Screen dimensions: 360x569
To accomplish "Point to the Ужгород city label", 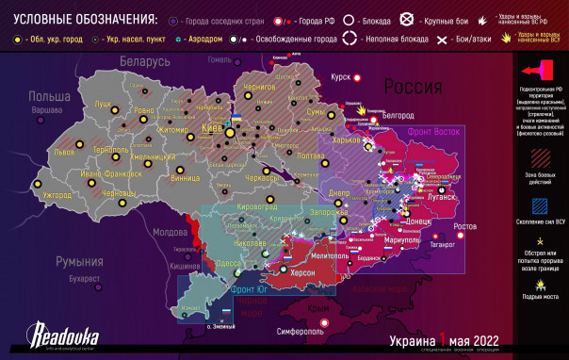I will [x=57, y=195].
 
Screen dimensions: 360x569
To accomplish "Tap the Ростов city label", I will [x=465, y=227].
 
